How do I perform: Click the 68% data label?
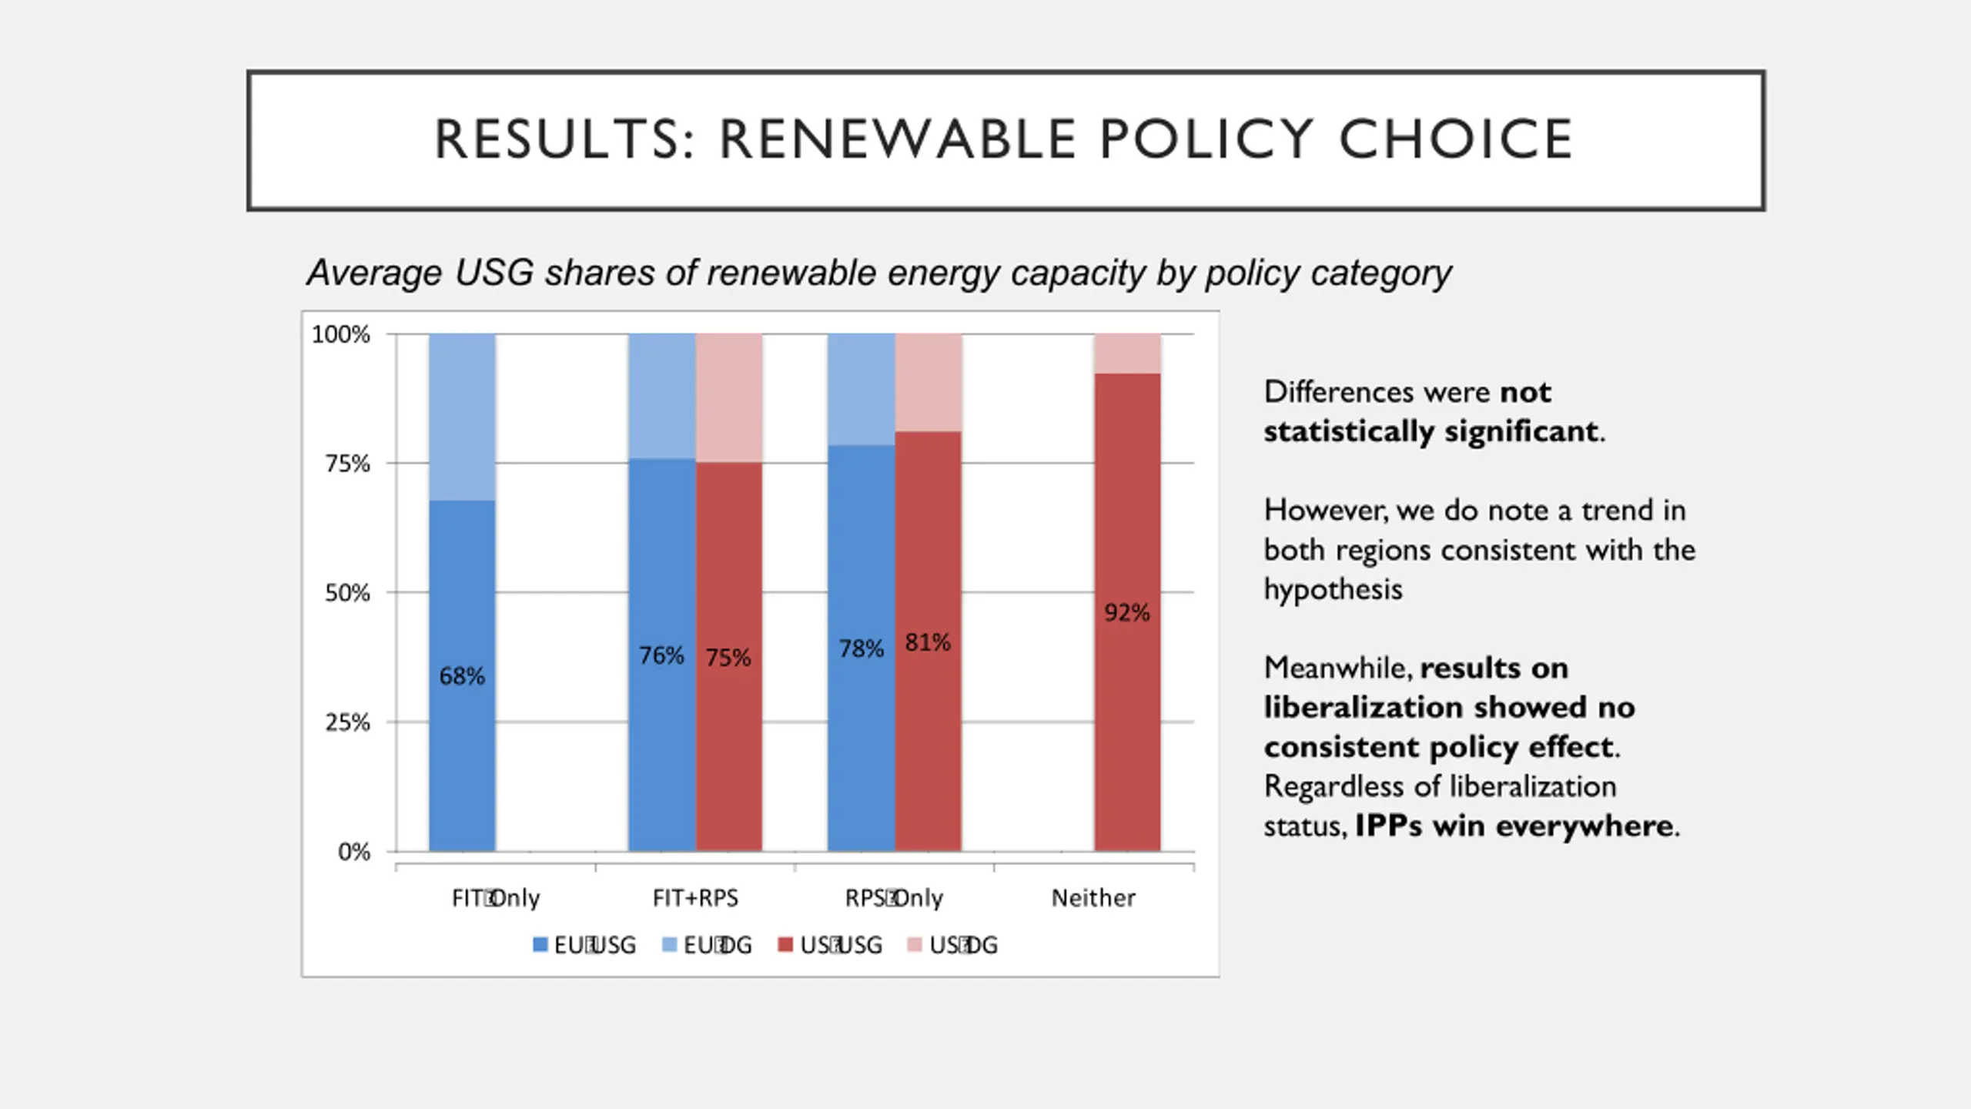[462, 676]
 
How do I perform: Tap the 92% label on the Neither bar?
[1126, 613]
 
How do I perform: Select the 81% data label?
[928, 642]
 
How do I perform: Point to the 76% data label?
[661, 655]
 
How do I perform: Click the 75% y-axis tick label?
[347, 464]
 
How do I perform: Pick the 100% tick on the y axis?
[340, 334]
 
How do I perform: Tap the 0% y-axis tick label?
[354, 852]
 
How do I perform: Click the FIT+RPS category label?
[695, 898]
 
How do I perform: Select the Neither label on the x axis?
[1093, 898]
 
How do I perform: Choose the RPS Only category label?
[894, 898]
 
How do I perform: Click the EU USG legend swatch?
[540, 945]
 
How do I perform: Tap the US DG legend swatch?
[915, 945]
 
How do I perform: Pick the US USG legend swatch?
[785, 945]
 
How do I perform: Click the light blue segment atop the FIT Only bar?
[462, 417]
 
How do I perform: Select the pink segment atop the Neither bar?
[1127, 353]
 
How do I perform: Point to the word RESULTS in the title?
[565, 139]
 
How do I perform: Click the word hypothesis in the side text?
[1333, 590]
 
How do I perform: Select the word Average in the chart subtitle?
[375, 273]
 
